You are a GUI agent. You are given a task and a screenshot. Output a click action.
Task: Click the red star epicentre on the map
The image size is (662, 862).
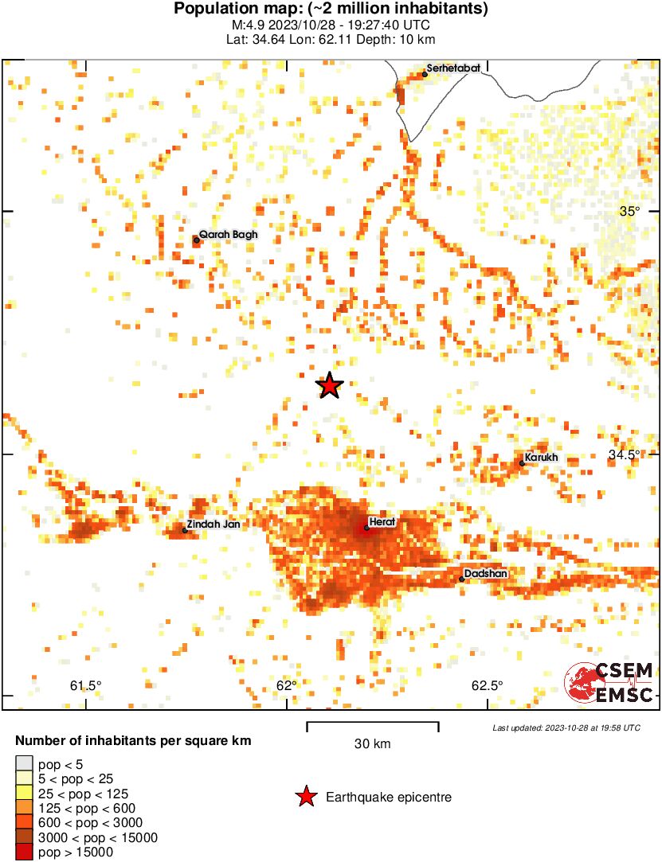329,385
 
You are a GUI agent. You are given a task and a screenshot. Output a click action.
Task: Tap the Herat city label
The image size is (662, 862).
382,521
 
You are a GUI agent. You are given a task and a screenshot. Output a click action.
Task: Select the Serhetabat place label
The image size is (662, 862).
452,68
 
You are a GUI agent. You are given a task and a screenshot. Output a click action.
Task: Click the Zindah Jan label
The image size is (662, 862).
213,525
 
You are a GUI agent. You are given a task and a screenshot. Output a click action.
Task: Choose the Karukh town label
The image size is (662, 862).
542,458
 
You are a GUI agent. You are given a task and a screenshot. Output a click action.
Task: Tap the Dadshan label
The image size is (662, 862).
485,573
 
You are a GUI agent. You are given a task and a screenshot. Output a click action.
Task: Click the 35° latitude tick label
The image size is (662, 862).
630,211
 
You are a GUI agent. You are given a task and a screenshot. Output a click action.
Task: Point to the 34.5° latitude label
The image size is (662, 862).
625,454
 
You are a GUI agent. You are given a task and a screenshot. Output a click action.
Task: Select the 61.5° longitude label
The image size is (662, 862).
86,686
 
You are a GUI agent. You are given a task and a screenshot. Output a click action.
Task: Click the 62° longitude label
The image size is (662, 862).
286,686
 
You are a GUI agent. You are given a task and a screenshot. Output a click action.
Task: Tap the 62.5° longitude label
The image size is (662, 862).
487,686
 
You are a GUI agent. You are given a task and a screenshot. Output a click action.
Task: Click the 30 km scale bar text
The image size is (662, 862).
372,744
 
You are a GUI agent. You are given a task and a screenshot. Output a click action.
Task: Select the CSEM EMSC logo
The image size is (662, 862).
609,683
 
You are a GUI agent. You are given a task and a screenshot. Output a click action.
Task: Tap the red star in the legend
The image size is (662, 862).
305,797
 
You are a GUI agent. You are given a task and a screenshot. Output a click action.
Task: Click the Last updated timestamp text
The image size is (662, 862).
566,727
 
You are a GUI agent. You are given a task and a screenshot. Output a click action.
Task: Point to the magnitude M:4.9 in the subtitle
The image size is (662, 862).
245,25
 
